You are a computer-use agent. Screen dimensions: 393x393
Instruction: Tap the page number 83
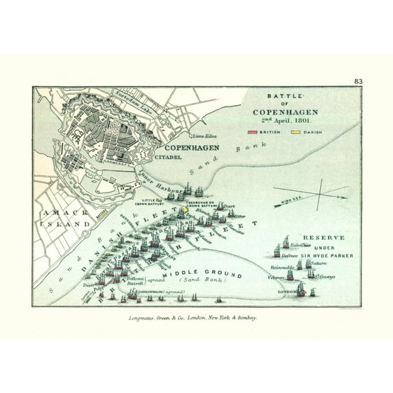tap(358, 81)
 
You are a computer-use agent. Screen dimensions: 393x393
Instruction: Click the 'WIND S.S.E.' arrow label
tap(290, 202)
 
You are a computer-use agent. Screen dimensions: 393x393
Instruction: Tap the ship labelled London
tap(301, 289)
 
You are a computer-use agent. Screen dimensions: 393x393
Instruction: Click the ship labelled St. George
tap(312, 274)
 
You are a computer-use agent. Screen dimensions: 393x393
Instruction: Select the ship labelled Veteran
tap(289, 274)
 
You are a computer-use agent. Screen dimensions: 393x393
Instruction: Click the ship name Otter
tap(239, 216)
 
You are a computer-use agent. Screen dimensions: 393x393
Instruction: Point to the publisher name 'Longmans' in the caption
tap(145, 317)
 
